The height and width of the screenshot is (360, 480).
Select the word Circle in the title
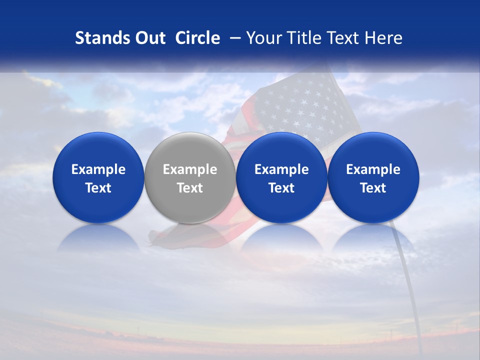point(197,38)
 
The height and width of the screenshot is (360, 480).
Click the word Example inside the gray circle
point(189,170)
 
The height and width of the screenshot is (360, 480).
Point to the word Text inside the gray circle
point(189,188)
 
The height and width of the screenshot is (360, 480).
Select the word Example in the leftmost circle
point(98,170)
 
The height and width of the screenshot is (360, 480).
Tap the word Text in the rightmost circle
point(373,188)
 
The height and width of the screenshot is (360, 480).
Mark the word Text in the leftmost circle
point(98,188)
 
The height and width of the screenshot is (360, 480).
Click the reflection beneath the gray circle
point(189,236)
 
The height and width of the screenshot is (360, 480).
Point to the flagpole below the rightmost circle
point(407,285)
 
